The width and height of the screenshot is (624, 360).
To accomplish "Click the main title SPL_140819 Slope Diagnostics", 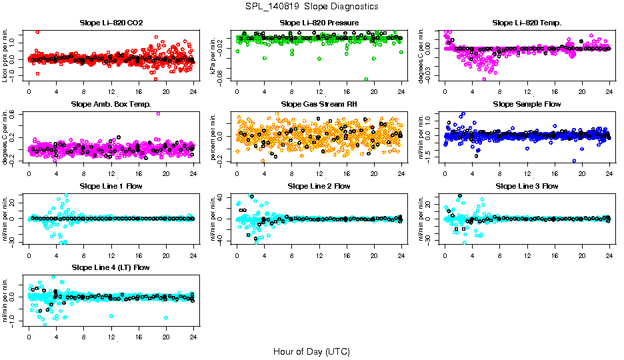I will coord(312,6).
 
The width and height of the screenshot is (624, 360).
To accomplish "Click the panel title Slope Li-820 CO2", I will coord(111,23).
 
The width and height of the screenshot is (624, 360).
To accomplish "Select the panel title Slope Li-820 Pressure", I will coord(319,23).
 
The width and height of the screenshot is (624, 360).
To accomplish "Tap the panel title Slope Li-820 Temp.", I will coord(527,23).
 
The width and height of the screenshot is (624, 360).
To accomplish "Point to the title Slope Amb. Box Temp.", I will coord(111,105).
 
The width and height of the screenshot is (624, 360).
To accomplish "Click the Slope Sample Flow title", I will coord(527,105).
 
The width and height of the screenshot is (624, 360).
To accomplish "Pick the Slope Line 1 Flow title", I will coord(111,186).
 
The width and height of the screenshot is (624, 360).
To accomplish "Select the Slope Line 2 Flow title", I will coord(319,186).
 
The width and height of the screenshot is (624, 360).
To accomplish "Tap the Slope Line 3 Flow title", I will coord(527,186).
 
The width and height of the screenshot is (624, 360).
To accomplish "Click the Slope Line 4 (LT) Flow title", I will coord(111,268).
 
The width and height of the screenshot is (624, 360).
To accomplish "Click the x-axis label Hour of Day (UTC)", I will coord(312,351).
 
